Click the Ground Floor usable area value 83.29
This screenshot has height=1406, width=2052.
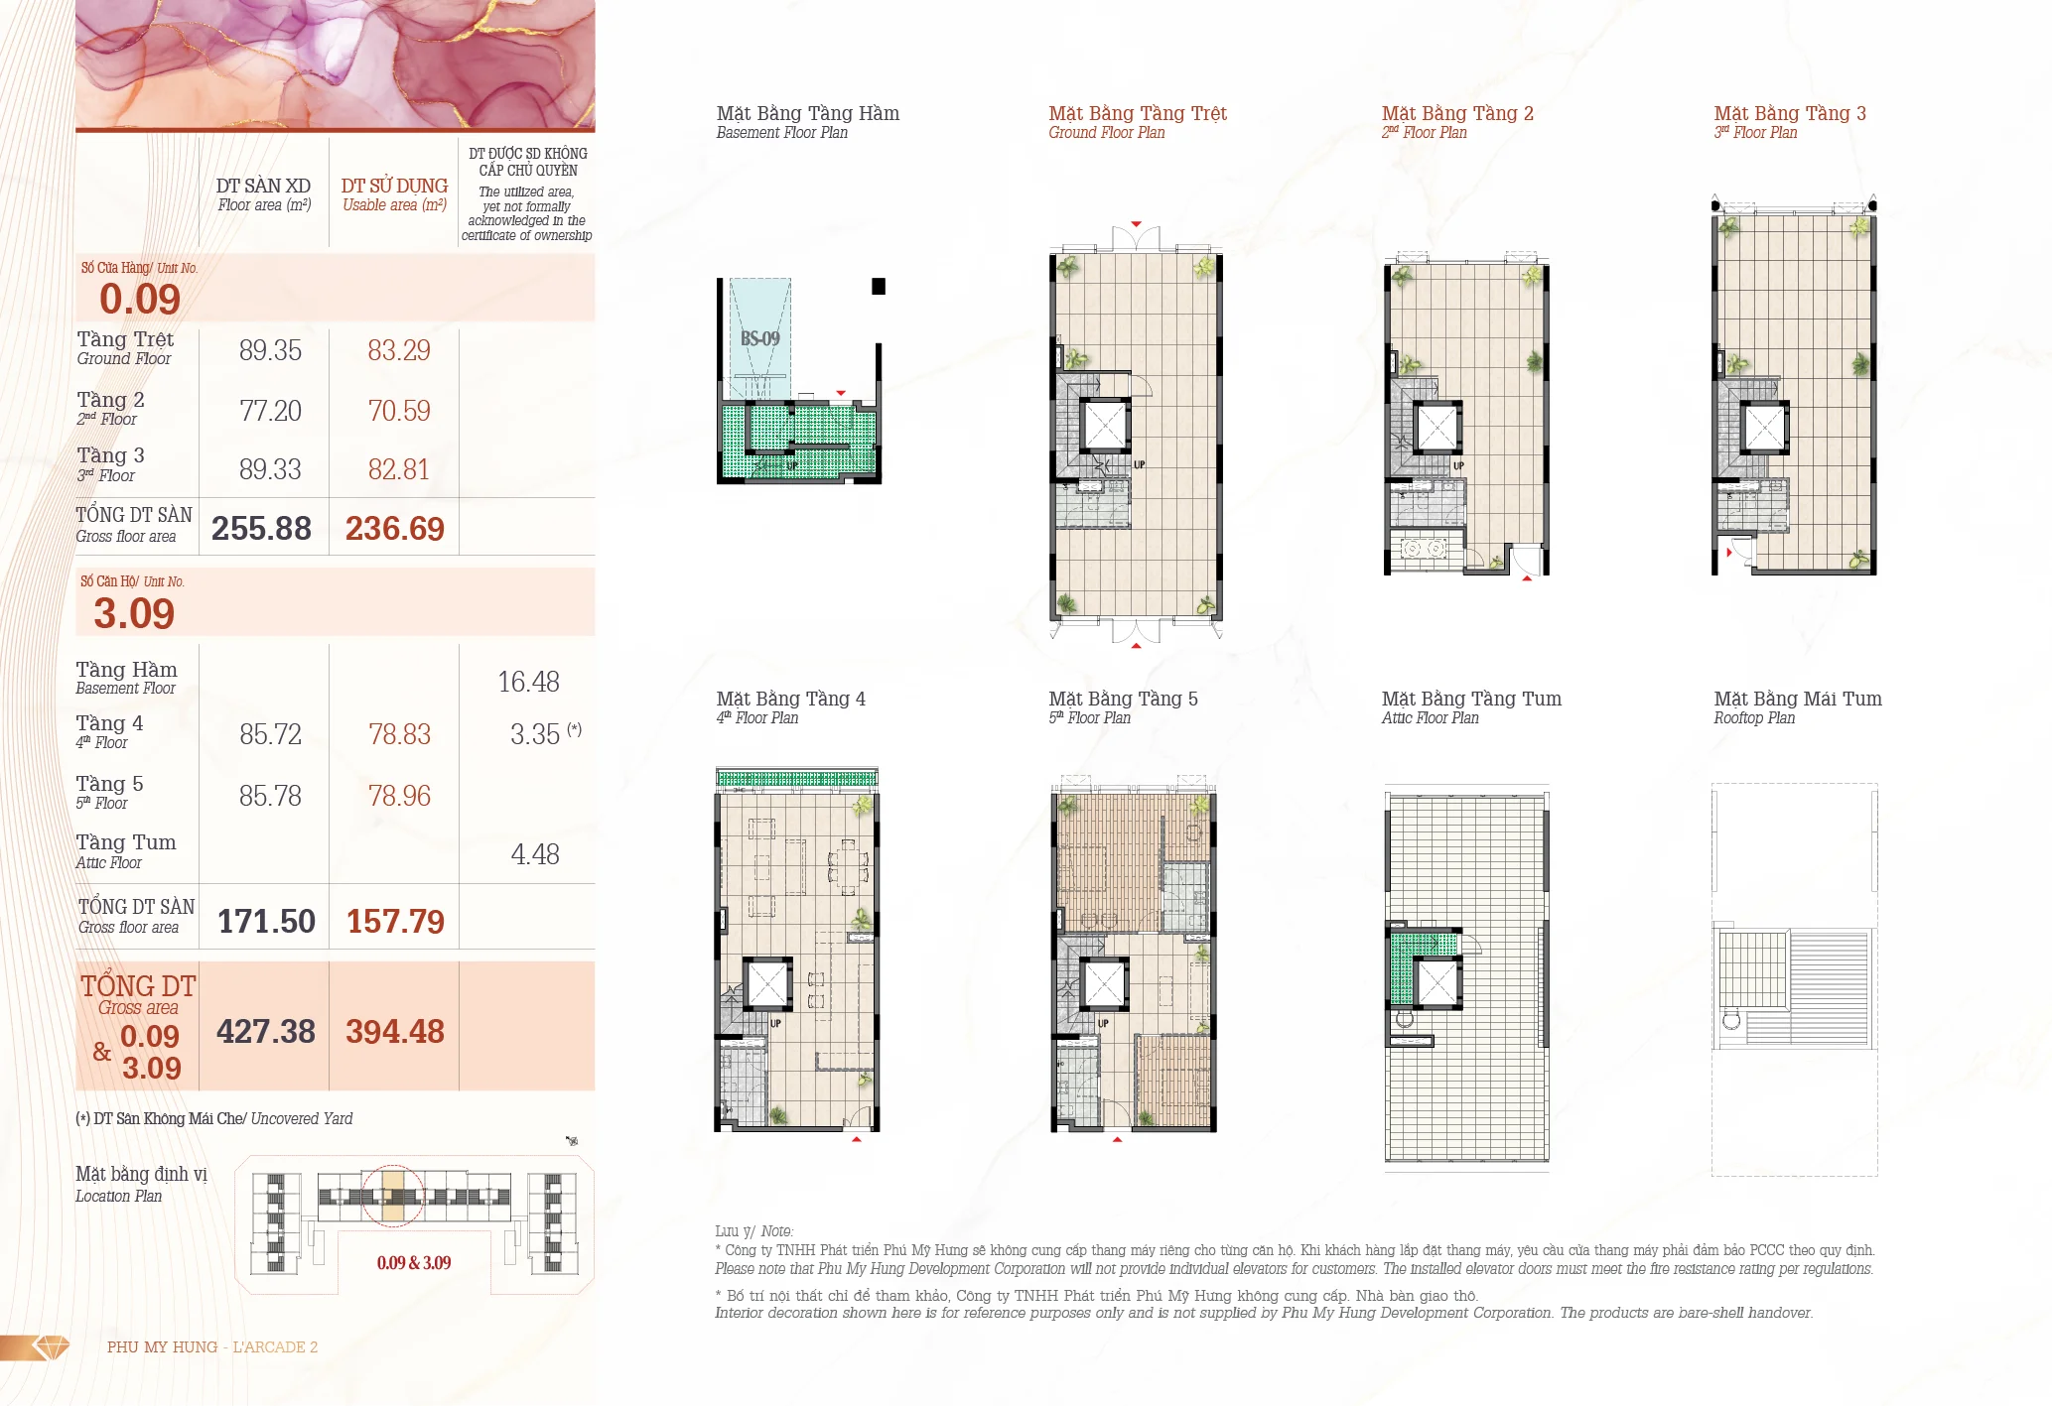pos(399,350)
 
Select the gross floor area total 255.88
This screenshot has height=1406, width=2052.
pos(261,528)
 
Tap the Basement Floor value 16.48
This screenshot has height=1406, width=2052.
pos(528,682)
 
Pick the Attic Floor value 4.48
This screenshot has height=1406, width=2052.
pos(535,854)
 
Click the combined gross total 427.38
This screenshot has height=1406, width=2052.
pos(266,1032)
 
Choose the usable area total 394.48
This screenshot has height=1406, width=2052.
pos(395,1032)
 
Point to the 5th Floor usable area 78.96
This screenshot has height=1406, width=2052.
pos(399,796)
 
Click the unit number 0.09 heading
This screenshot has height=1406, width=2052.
pos(140,299)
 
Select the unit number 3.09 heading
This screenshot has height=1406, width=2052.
pos(134,613)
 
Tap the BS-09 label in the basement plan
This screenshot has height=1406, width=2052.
pos(760,338)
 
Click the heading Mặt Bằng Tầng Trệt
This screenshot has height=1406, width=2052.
pos(1138,113)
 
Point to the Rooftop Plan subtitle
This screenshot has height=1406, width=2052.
pos(1754,718)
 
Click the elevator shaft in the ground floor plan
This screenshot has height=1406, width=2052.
pos(1104,426)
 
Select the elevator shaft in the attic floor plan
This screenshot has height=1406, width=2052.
pos(1436,983)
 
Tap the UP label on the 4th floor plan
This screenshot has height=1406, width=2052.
pos(775,1023)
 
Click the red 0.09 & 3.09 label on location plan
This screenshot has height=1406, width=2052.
pos(414,1263)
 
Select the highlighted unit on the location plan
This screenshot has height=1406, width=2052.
pos(393,1197)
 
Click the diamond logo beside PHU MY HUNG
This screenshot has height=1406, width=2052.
pos(51,1346)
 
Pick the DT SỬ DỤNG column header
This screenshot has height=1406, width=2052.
pos(394,186)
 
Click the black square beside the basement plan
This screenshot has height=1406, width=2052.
pos(879,287)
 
